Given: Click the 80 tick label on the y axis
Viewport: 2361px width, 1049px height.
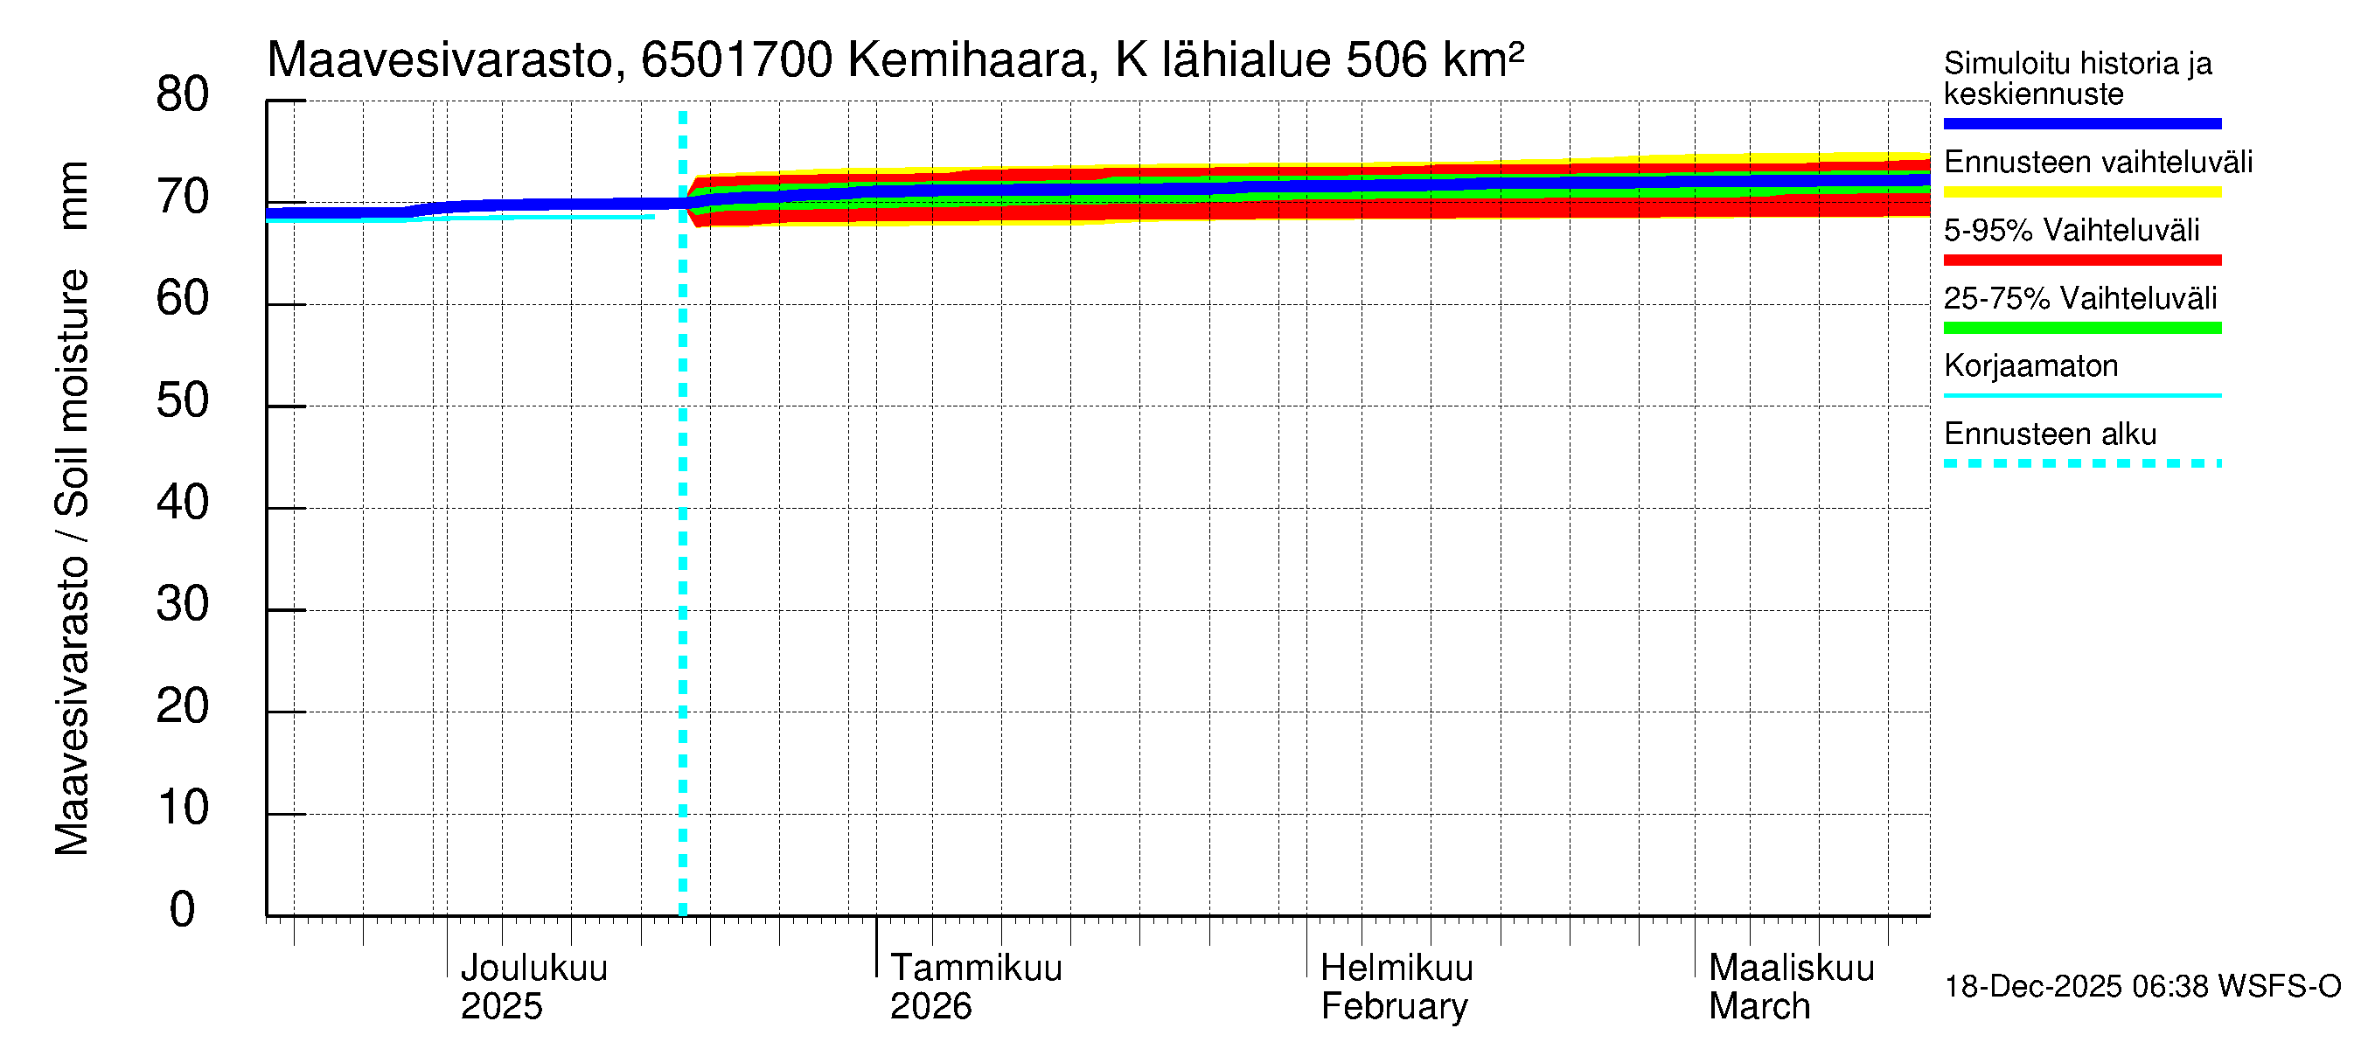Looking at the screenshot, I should (x=183, y=95).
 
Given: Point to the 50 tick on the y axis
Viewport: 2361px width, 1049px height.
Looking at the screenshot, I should (x=183, y=401).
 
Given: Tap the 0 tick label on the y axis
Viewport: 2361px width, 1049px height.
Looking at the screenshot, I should (x=183, y=910).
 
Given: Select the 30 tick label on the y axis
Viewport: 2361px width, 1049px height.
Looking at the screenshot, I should (x=183, y=605).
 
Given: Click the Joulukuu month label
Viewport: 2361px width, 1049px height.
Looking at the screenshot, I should (x=533, y=968).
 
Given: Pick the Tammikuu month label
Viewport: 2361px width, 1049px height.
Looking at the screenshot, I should (x=975, y=968).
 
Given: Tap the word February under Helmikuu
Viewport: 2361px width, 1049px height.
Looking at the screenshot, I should (x=1393, y=1007).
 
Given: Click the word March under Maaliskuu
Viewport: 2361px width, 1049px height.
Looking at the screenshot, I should (x=1759, y=1007).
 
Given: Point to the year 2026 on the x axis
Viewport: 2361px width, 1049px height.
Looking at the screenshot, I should (x=930, y=1007).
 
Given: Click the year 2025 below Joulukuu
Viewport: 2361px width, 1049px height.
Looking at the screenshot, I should (x=501, y=1007).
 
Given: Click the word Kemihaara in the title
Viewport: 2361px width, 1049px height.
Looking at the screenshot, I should (x=968, y=60).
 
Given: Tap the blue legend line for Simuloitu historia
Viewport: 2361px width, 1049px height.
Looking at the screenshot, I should (x=2081, y=123).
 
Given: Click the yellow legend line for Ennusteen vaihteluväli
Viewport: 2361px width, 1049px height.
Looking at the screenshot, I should (x=2081, y=192).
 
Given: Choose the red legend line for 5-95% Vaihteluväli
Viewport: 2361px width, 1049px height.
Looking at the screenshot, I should (x=2081, y=261).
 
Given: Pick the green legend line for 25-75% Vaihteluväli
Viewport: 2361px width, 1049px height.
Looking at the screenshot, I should (x=2081, y=328).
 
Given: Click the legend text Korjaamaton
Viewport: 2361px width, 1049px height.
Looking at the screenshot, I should (x=2030, y=366).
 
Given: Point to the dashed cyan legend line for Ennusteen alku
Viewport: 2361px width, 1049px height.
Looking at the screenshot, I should (x=2081, y=463).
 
